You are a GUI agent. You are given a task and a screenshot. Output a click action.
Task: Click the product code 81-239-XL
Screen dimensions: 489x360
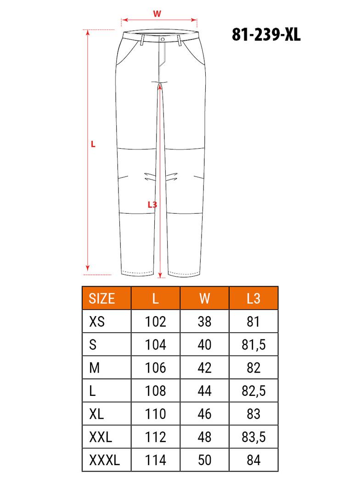tap(266, 35)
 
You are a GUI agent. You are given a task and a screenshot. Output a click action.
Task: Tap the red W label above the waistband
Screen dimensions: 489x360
tap(157, 14)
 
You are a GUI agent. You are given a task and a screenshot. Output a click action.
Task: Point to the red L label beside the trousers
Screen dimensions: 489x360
tap(93, 144)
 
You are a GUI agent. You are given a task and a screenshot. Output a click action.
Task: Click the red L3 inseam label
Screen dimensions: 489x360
tap(152, 205)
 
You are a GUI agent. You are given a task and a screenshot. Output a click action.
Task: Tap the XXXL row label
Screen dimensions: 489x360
tap(104, 460)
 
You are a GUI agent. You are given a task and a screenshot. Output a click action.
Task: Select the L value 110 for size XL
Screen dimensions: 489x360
tap(156, 414)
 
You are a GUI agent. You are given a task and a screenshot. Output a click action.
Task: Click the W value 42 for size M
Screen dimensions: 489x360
tap(205, 367)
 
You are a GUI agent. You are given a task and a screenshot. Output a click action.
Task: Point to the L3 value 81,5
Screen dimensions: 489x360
tap(253, 345)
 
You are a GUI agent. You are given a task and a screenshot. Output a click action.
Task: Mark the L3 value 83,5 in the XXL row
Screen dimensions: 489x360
tap(253, 437)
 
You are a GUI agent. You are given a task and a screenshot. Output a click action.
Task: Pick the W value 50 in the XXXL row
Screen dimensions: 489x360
tap(205, 460)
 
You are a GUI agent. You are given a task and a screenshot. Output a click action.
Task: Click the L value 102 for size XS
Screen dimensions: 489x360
tap(156, 321)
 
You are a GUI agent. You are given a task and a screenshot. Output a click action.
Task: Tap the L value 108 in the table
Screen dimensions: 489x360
tap(156, 391)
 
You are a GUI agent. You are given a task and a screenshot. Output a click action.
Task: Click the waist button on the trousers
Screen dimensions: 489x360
tap(163, 40)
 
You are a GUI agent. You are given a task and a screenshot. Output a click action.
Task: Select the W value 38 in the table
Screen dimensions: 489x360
tap(205, 321)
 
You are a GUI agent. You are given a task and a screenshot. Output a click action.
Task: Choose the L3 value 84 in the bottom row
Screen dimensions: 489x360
tap(253, 460)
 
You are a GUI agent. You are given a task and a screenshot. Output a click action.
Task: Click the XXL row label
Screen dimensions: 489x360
tap(100, 437)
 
